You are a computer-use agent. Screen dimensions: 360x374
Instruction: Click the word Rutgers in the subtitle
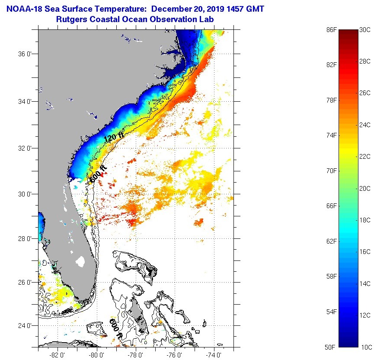tap(72, 19)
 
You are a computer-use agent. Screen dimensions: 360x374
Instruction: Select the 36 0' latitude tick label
tap(29, 55)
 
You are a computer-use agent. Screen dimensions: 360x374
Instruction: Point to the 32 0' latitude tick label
tap(29, 148)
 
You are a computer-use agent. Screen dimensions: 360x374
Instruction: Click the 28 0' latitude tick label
tap(29, 238)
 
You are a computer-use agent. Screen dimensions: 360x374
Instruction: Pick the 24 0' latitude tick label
tap(29, 325)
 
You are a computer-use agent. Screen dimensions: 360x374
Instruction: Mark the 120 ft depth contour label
tap(114, 136)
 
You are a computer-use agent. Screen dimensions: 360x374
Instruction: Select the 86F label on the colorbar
tap(332, 30)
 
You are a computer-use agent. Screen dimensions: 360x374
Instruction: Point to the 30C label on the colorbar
tap(365, 30)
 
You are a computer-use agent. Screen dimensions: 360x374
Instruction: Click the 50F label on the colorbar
tap(332, 347)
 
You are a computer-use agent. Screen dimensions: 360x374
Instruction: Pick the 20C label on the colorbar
tap(365, 189)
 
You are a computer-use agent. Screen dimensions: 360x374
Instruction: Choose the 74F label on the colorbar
tap(332, 135)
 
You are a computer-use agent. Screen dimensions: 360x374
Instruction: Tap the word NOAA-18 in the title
tap(22, 9)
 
